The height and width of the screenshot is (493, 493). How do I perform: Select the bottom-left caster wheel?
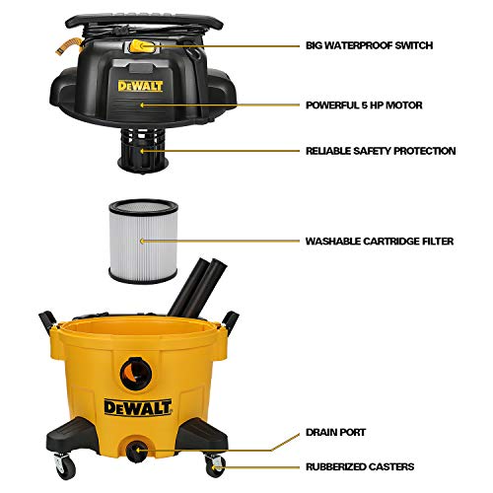(x=62, y=462)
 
